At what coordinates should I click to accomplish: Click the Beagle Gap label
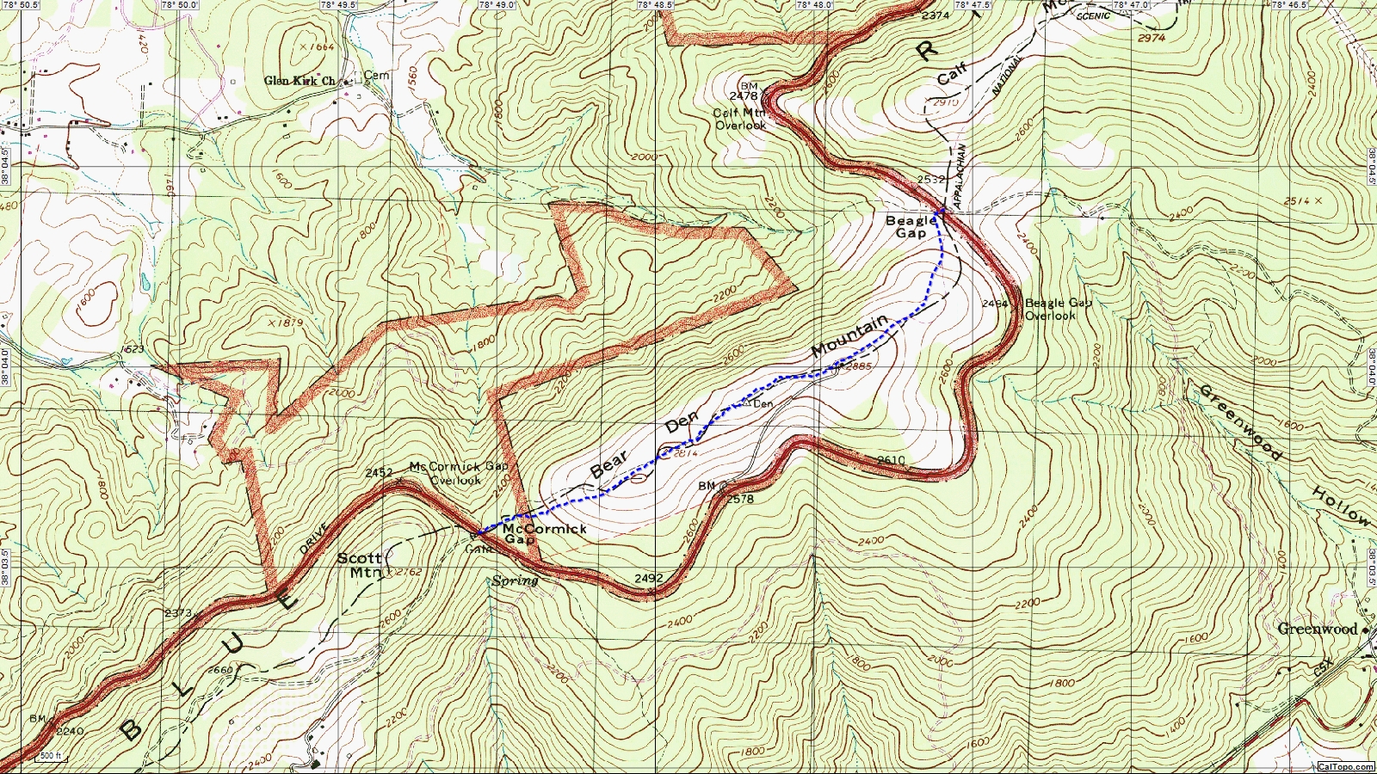pyautogui.click(x=911, y=227)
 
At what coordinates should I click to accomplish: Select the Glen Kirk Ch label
pyautogui.click(x=299, y=81)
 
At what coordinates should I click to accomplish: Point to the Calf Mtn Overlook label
pyautogui.click(x=740, y=119)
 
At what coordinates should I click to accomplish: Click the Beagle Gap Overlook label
pyautogui.click(x=1058, y=309)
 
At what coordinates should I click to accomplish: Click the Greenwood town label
pyautogui.click(x=1317, y=629)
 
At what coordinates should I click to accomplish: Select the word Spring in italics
pyautogui.click(x=515, y=580)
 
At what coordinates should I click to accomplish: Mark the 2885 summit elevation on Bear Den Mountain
pyautogui.click(x=858, y=367)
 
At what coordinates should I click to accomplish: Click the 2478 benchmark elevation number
pyautogui.click(x=744, y=96)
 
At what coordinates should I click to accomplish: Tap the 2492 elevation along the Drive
pyautogui.click(x=648, y=579)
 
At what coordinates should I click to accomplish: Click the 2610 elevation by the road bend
pyautogui.click(x=891, y=461)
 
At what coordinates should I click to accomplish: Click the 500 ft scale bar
pyautogui.click(x=51, y=757)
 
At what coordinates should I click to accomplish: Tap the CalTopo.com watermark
pyautogui.click(x=1345, y=766)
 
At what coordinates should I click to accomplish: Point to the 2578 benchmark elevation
pyautogui.click(x=740, y=499)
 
